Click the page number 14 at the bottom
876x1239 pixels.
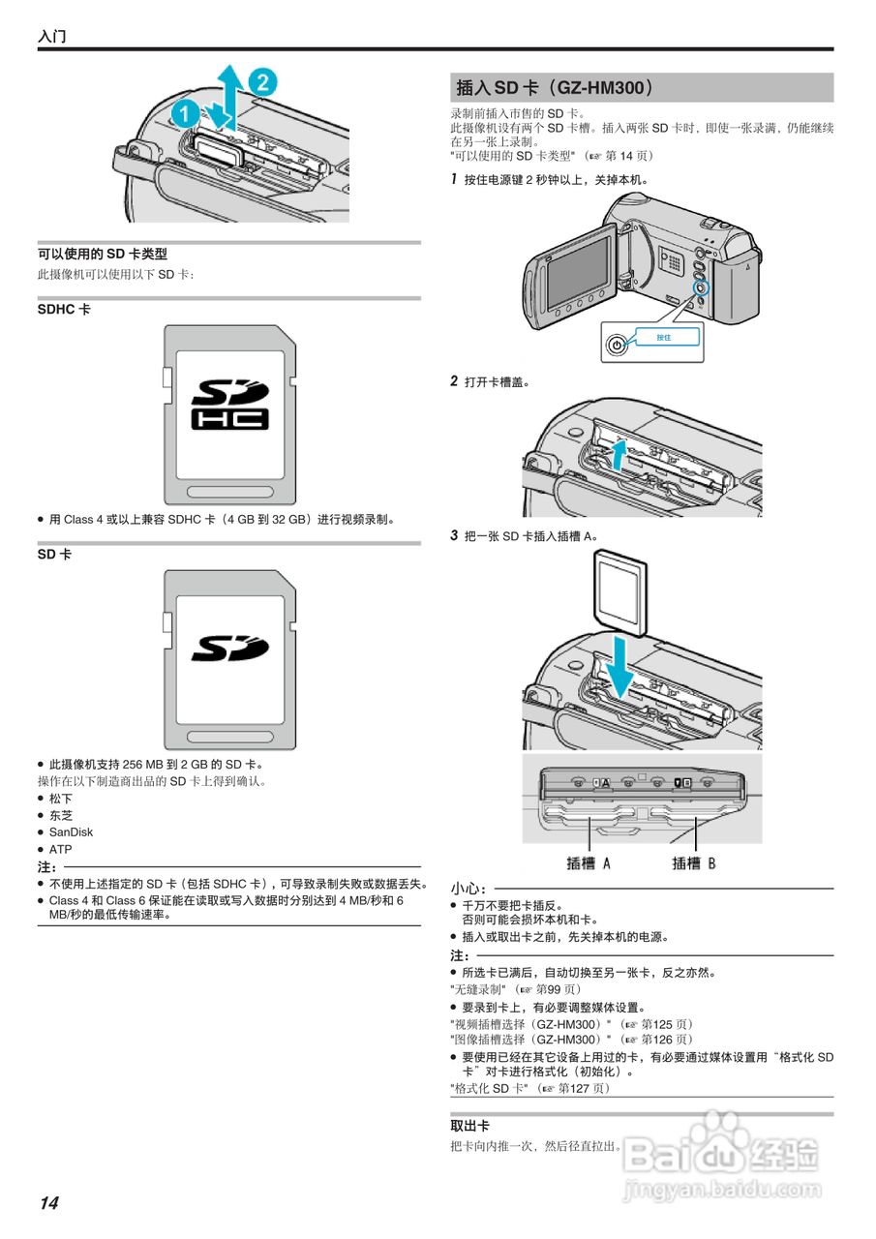[x=48, y=1203]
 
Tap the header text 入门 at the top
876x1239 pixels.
[x=52, y=37]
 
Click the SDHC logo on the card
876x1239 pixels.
[x=230, y=404]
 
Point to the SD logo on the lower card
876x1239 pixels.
[x=229, y=648]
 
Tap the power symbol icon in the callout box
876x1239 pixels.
[x=616, y=345]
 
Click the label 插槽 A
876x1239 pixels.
[x=589, y=862]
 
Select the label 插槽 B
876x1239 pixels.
[x=694, y=862]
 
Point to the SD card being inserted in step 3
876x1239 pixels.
[x=619, y=590]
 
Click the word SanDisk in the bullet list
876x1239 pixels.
[x=72, y=832]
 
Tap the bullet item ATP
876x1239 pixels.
[x=61, y=850]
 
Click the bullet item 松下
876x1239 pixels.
[x=61, y=799]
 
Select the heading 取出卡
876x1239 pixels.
[x=469, y=1127]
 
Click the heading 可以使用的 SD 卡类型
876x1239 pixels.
[x=103, y=255]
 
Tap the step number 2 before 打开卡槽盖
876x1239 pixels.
[x=454, y=381]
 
